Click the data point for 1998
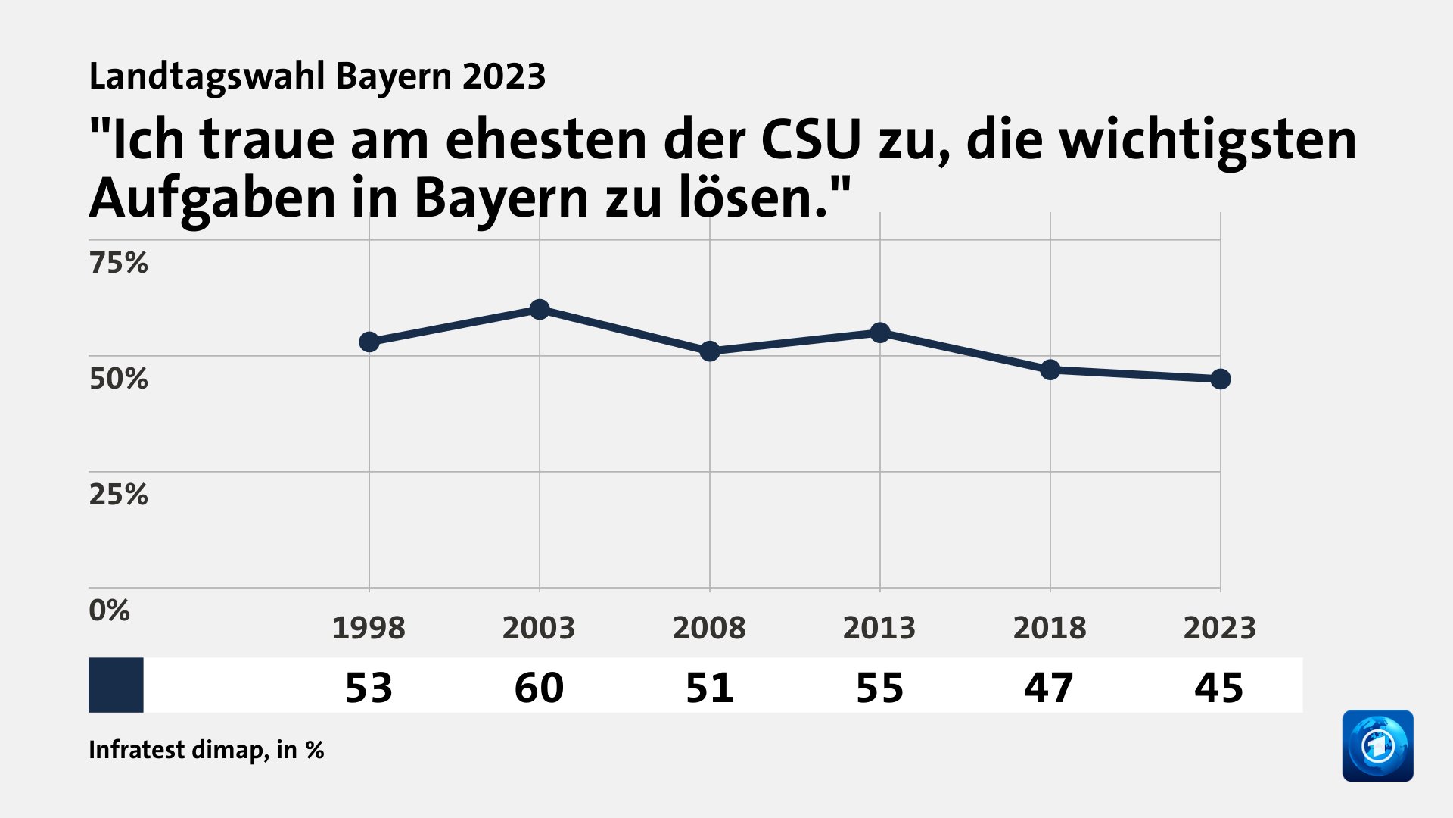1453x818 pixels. click(369, 342)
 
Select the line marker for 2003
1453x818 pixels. click(540, 309)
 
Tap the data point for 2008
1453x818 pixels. click(710, 351)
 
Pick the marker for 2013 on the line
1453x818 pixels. click(880, 333)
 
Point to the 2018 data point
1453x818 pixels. click(1050, 370)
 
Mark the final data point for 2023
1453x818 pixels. click(1221, 379)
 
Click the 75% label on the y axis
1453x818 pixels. click(118, 263)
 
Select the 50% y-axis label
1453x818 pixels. click(118, 379)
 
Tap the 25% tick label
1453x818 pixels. click(118, 495)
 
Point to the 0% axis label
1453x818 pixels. click(109, 610)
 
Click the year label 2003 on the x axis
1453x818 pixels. click(539, 628)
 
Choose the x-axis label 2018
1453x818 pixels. click(1050, 628)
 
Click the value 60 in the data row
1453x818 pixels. click(539, 688)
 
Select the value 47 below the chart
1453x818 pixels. click(1049, 688)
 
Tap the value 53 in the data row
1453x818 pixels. click(369, 688)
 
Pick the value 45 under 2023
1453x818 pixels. click(1219, 688)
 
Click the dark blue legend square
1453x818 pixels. click(116, 685)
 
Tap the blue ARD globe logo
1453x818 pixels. click(1377, 745)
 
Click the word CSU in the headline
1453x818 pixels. click(811, 140)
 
